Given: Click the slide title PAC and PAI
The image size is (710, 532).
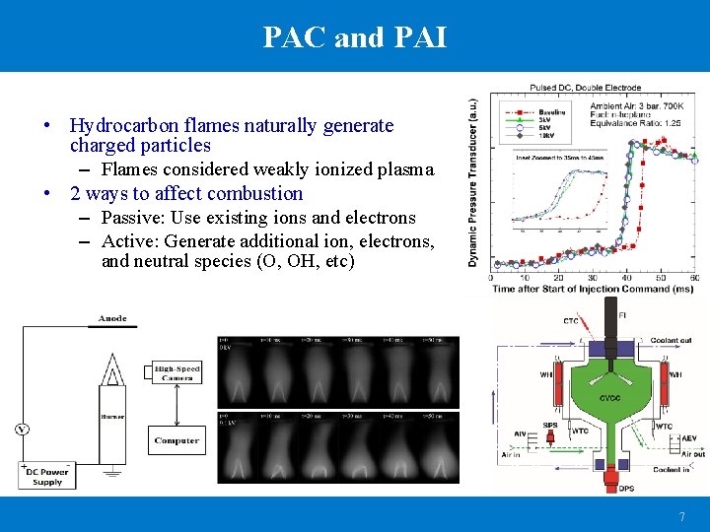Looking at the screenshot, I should pos(355,37).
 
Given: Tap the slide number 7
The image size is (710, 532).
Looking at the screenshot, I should pos(681,517).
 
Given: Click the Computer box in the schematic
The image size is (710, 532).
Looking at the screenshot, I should pos(177,440).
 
